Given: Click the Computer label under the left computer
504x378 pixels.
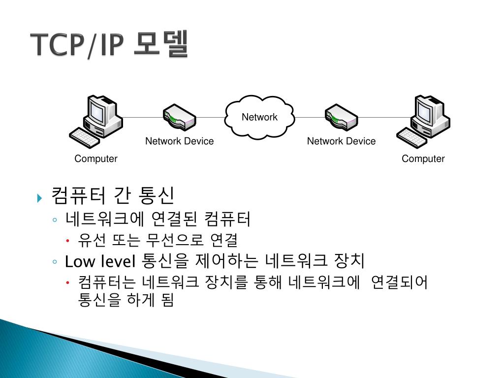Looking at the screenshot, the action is [x=96, y=158].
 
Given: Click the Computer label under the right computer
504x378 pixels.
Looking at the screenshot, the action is [x=423, y=158].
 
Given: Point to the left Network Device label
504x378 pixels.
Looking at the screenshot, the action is [x=179, y=141].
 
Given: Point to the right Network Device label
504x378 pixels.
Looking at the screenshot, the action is [x=341, y=141].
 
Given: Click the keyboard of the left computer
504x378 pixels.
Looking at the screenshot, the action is [x=85, y=137].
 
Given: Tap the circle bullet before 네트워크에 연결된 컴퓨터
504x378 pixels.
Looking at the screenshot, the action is [x=55, y=220].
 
